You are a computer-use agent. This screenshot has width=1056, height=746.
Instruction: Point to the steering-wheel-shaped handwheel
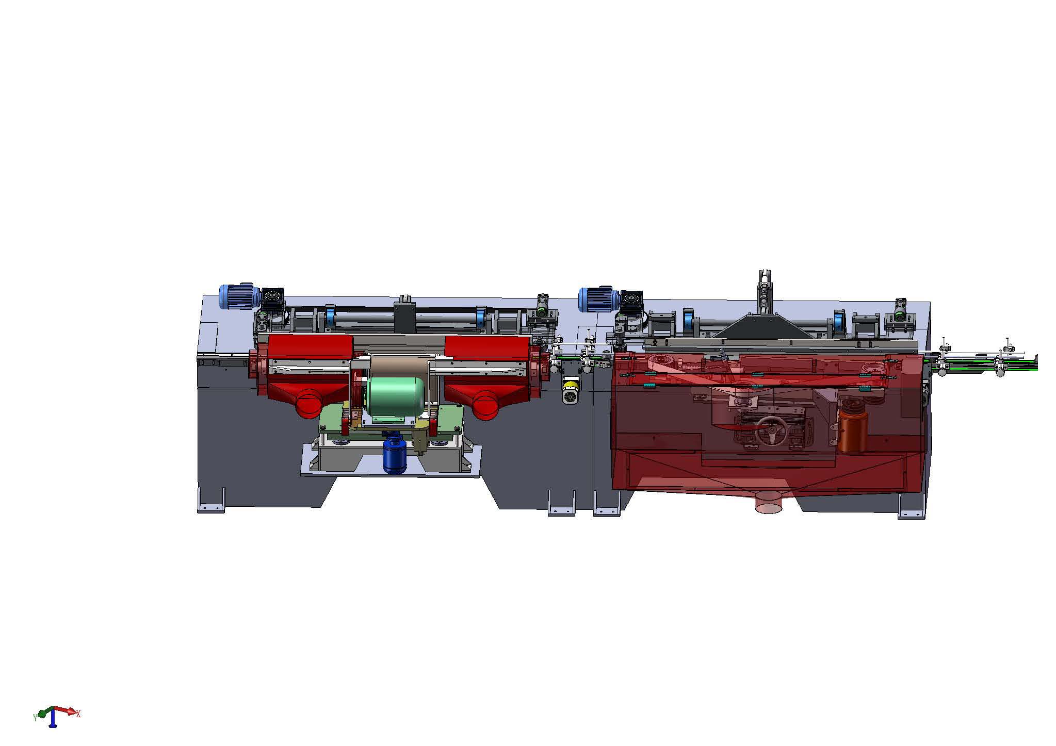click(x=771, y=431)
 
